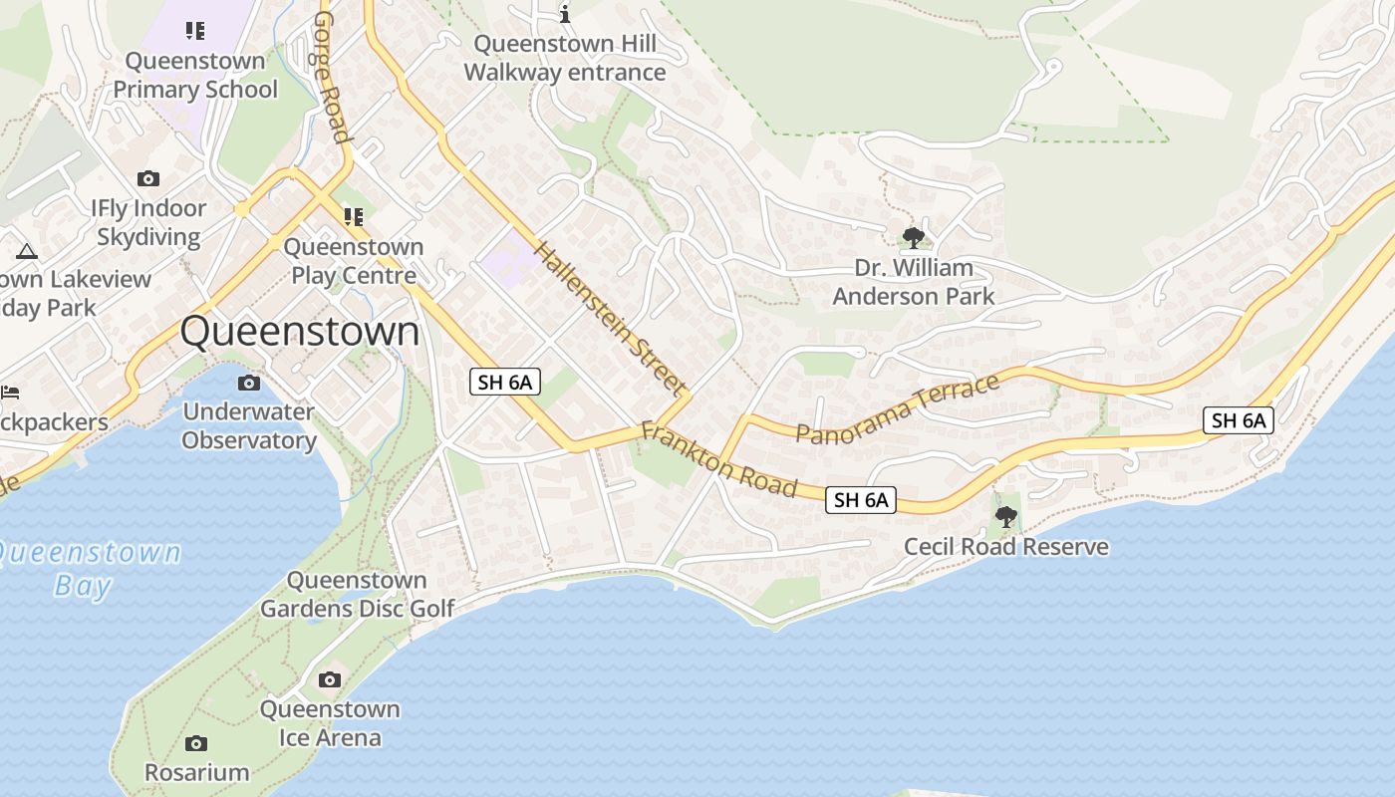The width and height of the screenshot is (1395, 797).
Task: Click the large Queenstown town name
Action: [x=300, y=332]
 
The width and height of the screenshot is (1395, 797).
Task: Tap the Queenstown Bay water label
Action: [x=90, y=568]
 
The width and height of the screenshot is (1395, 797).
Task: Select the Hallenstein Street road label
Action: [x=610, y=318]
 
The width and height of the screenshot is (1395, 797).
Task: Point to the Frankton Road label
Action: [x=718, y=459]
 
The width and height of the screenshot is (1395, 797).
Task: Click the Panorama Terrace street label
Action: [x=898, y=408]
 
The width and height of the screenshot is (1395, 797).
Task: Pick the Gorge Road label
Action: [x=332, y=78]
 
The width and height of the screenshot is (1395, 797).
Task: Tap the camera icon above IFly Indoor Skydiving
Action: [x=148, y=179]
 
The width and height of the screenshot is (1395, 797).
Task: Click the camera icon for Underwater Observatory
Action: [x=248, y=383]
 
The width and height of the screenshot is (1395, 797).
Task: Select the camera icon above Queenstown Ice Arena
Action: [x=329, y=680]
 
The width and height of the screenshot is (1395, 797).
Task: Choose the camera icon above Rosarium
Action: [x=196, y=743]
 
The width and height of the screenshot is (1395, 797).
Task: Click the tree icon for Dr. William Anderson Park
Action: [x=913, y=238]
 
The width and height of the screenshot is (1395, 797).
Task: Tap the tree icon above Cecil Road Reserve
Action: [x=1005, y=516]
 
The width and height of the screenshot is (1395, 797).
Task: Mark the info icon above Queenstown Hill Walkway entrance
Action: [x=565, y=14]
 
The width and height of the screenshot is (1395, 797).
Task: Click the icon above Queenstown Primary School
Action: [x=195, y=31]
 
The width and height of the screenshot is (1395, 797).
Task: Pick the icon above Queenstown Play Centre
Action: [x=354, y=216]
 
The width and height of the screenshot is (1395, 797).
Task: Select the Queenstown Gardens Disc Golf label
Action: [x=357, y=594]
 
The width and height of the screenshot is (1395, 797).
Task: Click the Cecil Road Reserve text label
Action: [x=1005, y=547]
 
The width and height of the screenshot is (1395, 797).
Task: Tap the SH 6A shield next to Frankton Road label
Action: [x=861, y=500]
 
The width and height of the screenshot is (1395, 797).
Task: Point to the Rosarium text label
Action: [x=196, y=772]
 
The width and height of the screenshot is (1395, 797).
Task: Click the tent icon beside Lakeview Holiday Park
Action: [x=27, y=251]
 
